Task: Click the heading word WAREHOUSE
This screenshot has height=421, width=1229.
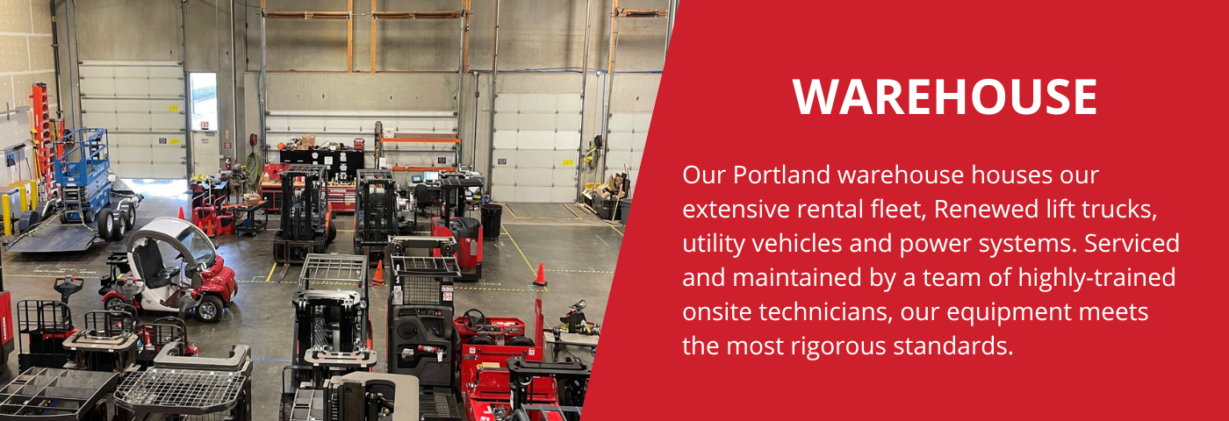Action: pyautogui.click(x=945, y=97)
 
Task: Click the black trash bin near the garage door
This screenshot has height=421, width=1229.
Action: pyautogui.click(x=492, y=220)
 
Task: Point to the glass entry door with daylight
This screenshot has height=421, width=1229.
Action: pyautogui.click(x=203, y=102)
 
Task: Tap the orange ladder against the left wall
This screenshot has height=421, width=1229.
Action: pyautogui.click(x=40, y=132)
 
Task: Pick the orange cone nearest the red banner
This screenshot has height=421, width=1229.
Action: pyautogui.click(x=540, y=275)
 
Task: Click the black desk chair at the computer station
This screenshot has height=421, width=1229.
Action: pyautogui.click(x=423, y=200)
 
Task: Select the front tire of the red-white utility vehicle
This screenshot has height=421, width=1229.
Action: pyautogui.click(x=210, y=308)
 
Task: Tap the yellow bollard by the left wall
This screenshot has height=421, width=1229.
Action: pyautogui.click(x=6, y=214)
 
